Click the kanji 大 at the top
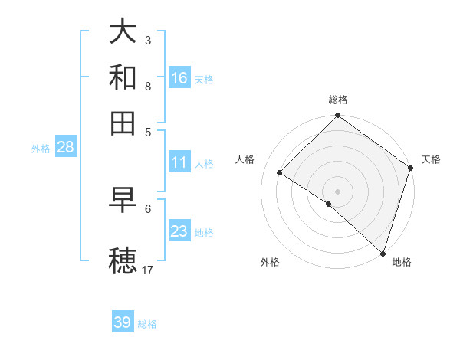coord(123,31)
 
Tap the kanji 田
coord(123,122)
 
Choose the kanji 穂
coord(123,259)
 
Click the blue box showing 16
coord(179,78)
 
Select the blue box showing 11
coord(179,162)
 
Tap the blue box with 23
coord(179,231)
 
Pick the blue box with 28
coord(65,147)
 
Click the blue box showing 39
coord(123,322)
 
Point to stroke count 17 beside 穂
coord(148,270)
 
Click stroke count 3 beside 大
coord(148,40)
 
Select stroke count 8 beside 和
coord(148,86)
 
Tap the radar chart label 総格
coord(338,100)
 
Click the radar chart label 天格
coord(431,159)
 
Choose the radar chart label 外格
coord(270,263)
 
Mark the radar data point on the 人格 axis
coord(280,173)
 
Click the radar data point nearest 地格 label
coord(383,253)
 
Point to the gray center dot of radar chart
coord(338,191)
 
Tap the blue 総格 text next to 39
coord(147,324)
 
